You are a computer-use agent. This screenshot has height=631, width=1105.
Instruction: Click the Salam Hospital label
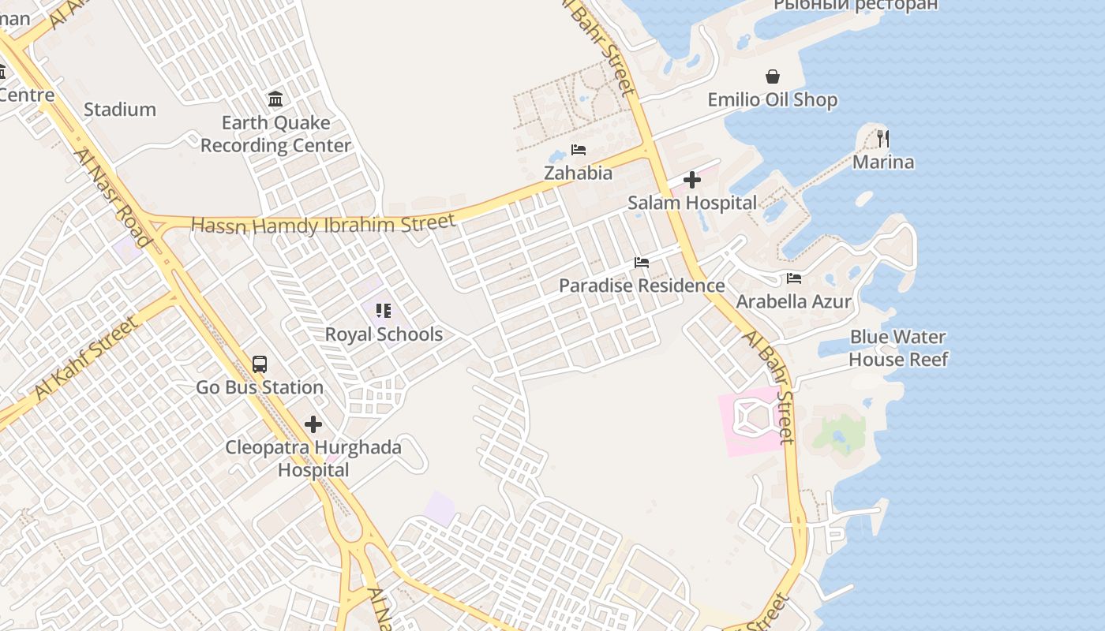(x=692, y=203)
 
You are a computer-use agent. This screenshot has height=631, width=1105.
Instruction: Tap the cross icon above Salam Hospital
(x=692, y=180)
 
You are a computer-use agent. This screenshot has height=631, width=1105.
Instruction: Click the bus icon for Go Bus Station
(x=260, y=364)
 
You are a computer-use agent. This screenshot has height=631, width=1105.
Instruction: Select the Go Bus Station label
(x=260, y=387)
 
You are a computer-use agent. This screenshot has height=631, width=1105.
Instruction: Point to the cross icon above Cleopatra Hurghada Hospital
(x=313, y=424)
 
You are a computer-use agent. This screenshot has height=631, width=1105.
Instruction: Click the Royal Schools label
(x=384, y=334)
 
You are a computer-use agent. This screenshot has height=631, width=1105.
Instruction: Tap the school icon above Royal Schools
(x=384, y=311)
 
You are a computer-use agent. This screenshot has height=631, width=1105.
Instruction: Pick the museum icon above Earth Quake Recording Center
(x=275, y=99)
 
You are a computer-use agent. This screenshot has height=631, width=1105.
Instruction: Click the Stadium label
(x=120, y=110)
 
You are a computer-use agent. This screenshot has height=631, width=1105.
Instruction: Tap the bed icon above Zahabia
(x=579, y=150)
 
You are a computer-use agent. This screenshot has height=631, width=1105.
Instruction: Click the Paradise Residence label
(x=642, y=286)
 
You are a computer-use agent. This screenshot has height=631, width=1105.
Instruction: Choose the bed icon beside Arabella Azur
(x=794, y=278)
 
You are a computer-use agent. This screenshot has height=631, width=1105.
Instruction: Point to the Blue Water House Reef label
(x=898, y=348)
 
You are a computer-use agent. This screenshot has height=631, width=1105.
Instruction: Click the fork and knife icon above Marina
(x=883, y=139)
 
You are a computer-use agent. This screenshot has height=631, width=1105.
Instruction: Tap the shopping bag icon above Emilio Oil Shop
(x=773, y=77)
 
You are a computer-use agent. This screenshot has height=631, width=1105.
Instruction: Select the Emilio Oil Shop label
(x=773, y=100)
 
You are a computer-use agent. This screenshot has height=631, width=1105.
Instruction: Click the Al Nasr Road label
(x=112, y=196)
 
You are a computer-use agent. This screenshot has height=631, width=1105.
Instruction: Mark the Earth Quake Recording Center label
(x=275, y=134)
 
